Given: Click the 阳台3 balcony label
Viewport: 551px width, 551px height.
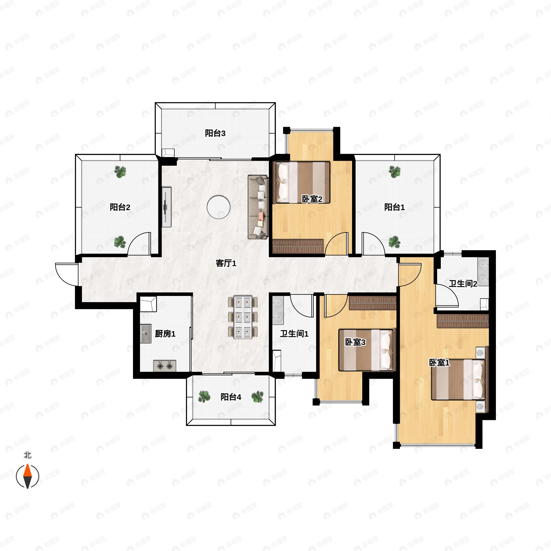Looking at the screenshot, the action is coord(215,133).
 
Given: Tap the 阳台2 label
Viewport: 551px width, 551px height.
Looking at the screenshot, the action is coord(120,207).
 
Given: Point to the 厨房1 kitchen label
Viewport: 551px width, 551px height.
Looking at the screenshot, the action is coord(165,333).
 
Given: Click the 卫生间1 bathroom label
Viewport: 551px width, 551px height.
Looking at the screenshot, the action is coord(294,333).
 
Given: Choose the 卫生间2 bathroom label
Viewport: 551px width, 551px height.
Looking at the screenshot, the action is coord(463,284).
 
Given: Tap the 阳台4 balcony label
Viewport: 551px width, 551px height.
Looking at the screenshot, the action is coord(231,397).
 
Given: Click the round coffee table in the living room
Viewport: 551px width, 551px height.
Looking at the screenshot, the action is coord(219,207).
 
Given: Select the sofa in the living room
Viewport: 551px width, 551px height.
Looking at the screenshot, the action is coord(258,207).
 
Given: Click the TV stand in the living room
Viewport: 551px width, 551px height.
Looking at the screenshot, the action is coord(166,207).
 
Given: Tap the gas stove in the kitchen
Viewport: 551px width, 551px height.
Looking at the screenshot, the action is coord(165,366).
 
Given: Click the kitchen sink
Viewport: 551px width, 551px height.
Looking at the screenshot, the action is coord(146,333).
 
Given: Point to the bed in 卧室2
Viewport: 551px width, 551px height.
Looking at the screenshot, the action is coord(301,183).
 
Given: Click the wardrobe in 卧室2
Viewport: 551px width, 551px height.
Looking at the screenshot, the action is coord(298,246).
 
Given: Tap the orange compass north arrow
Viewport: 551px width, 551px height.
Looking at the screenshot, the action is coord(27,470).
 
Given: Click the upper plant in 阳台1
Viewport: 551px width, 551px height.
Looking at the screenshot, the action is coord(395,172).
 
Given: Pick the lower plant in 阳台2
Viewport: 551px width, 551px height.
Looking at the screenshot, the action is coord(120,242).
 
